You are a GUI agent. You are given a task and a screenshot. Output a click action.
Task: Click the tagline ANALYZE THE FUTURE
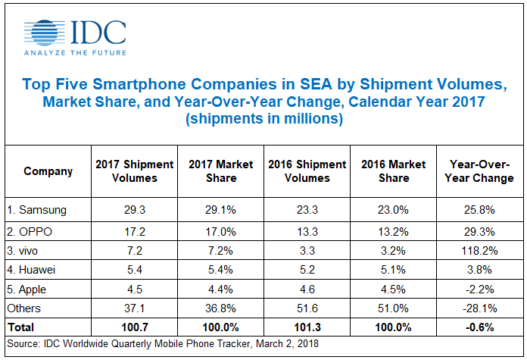coord(75,53)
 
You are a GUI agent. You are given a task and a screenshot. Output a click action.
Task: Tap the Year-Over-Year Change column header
coord(481,171)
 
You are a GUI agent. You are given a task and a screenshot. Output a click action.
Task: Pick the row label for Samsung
coord(37,208)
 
